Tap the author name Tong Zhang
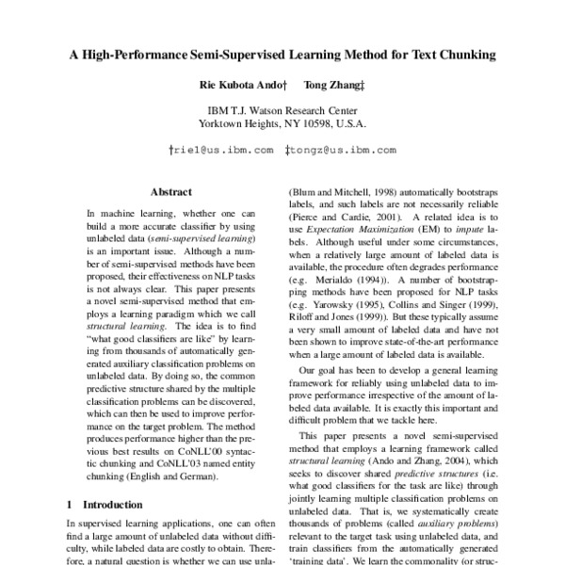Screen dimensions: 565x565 point(336,87)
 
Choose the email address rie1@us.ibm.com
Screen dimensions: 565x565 point(221,150)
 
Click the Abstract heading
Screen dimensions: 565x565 point(170,190)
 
